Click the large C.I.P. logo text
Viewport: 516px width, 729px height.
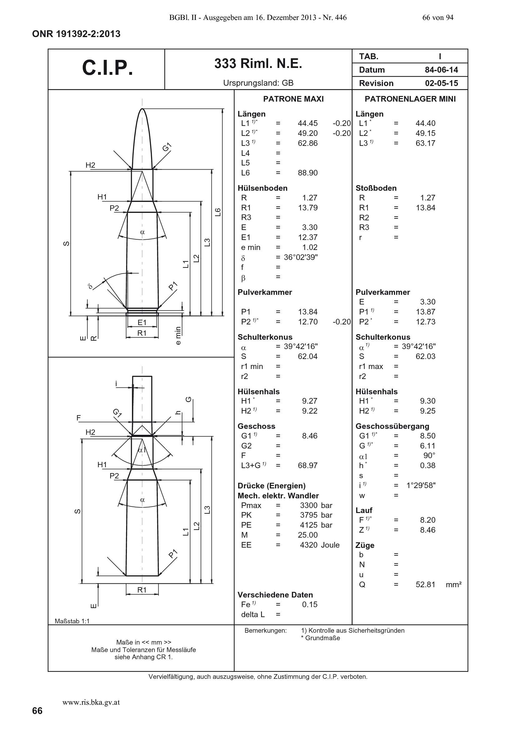pyautogui.click(x=107, y=68)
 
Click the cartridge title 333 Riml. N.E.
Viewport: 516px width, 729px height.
pyautogui.click(x=258, y=64)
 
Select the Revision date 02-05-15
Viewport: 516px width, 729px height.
pyautogui.click(x=442, y=83)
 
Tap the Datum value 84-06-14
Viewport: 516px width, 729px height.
pyautogui.click(x=442, y=70)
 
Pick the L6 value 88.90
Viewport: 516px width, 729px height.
pyautogui.click(x=308, y=173)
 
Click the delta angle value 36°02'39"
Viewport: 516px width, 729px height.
pyautogui.click(x=301, y=257)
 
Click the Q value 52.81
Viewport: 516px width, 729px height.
pyautogui.click(x=425, y=584)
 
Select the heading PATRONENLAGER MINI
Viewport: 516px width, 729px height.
pyautogui.click(x=410, y=99)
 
